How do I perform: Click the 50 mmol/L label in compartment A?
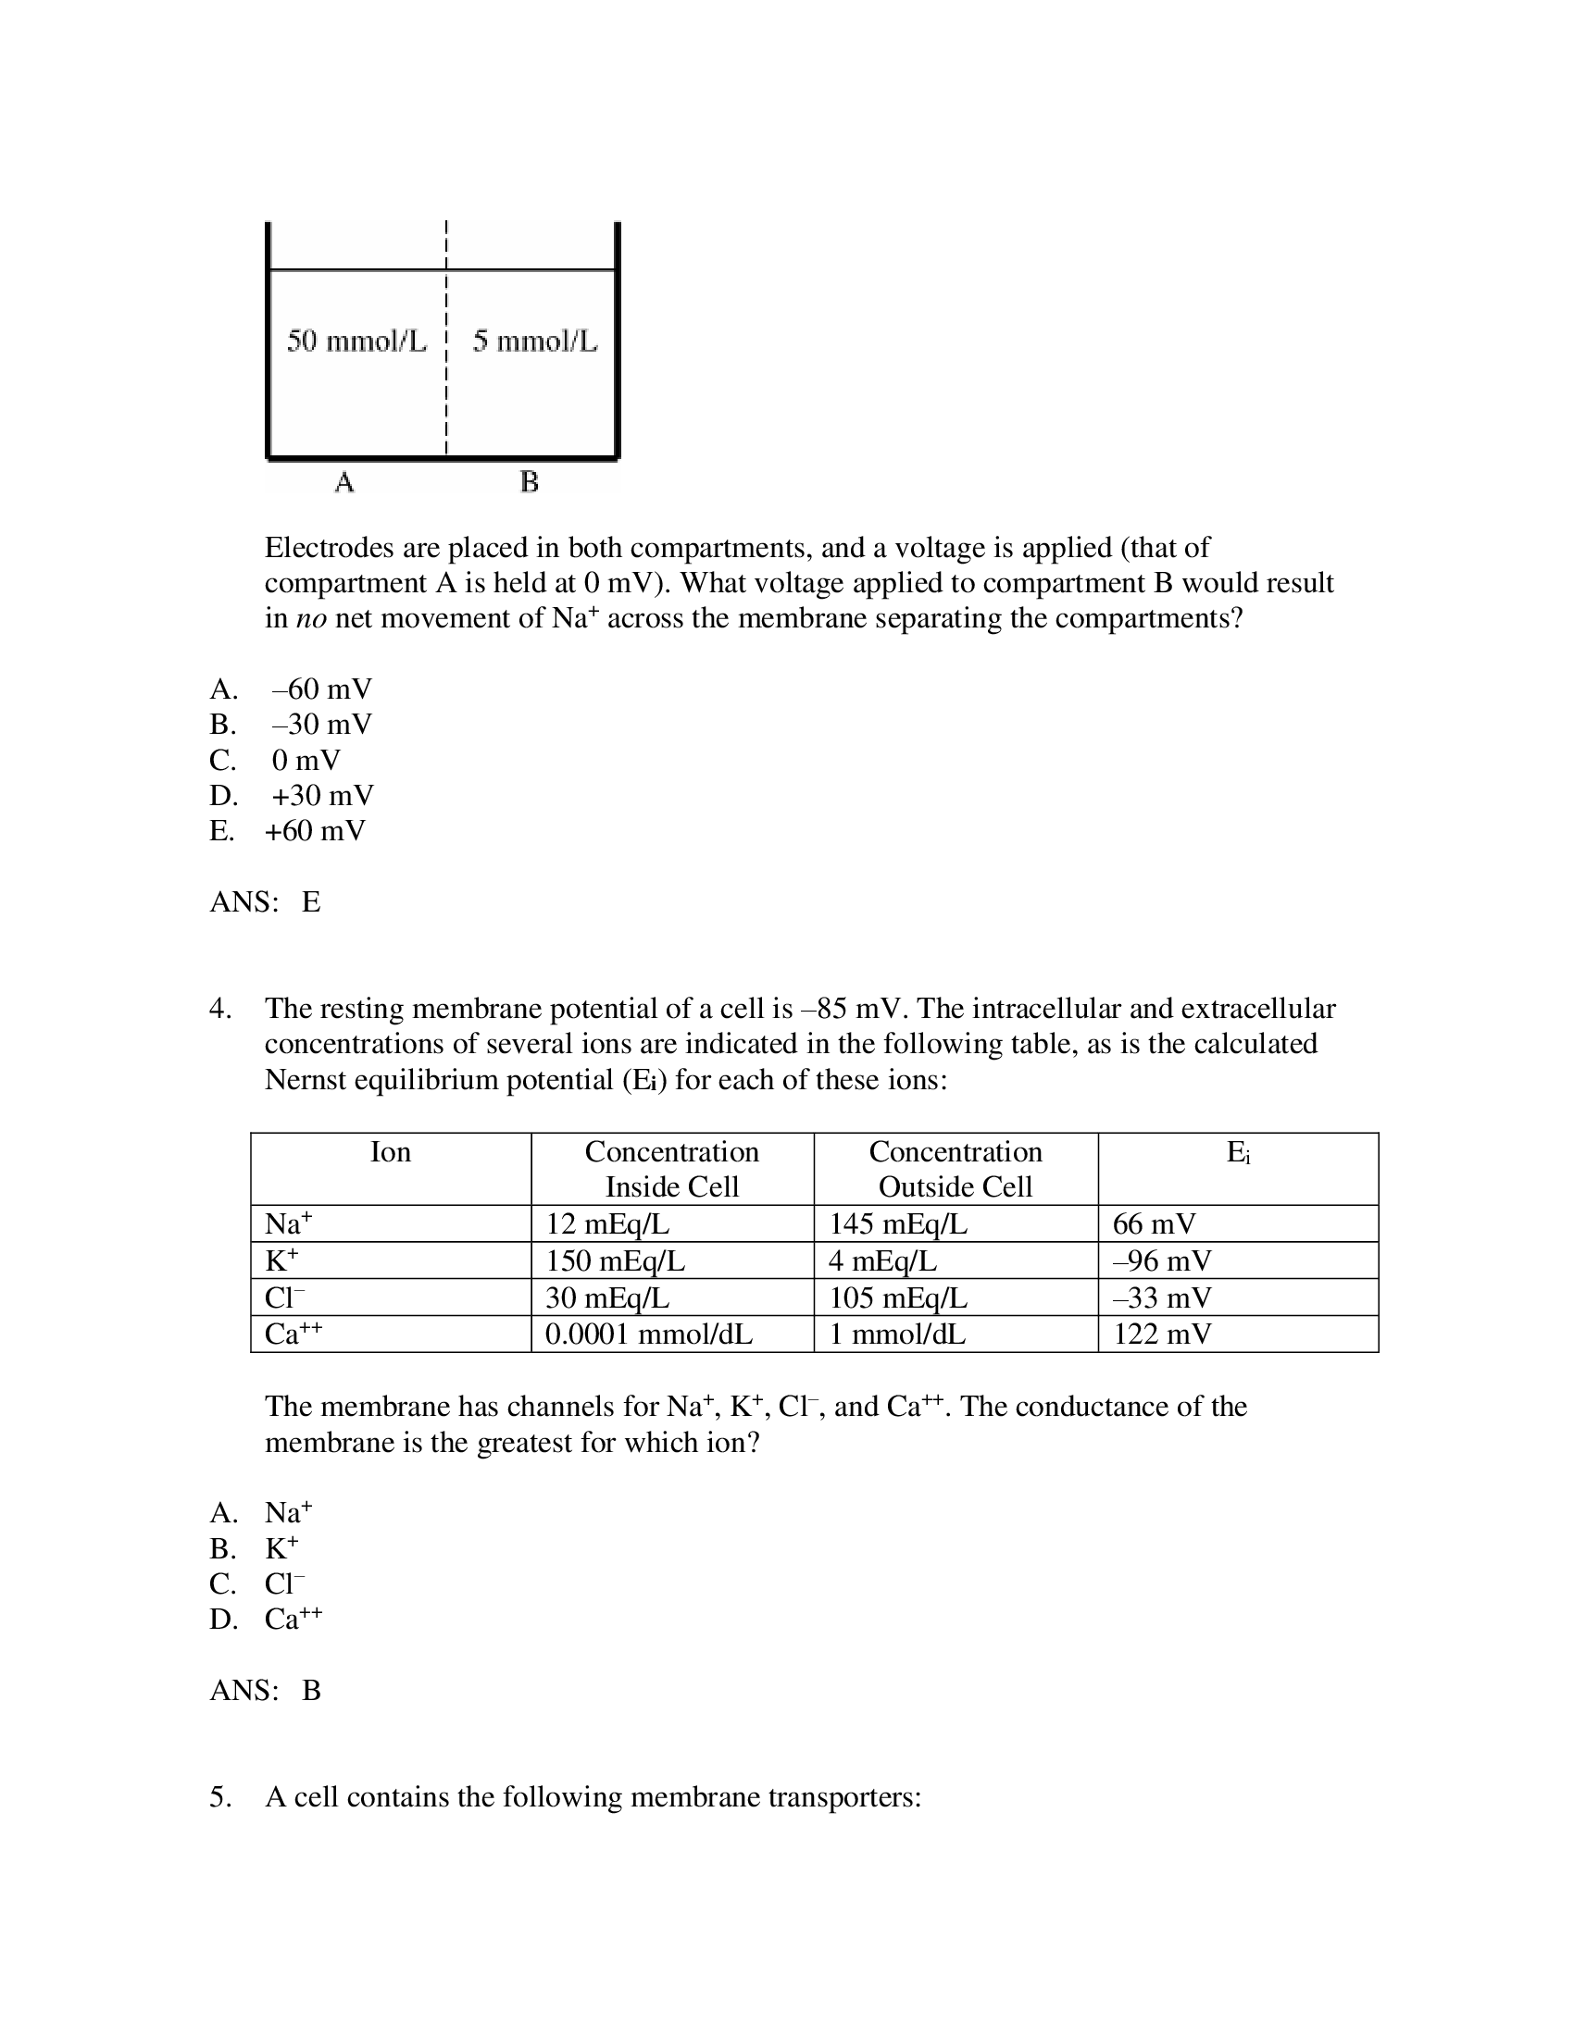point(356,341)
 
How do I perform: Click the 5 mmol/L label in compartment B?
point(534,341)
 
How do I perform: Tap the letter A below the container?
point(344,483)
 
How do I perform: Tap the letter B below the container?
point(529,483)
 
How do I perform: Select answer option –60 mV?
point(320,689)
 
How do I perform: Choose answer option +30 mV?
point(321,795)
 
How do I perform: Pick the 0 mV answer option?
point(306,760)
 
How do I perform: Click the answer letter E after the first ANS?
point(310,901)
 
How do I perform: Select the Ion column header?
point(390,1152)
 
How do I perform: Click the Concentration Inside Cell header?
point(671,1169)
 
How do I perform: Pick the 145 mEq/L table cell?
point(898,1224)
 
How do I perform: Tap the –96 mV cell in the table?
point(1161,1261)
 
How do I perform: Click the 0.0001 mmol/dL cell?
point(648,1334)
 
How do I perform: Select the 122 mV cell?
point(1162,1334)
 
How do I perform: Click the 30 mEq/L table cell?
point(607,1297)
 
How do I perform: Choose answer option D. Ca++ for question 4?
point(292,1620)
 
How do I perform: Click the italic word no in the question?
point(310,619)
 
